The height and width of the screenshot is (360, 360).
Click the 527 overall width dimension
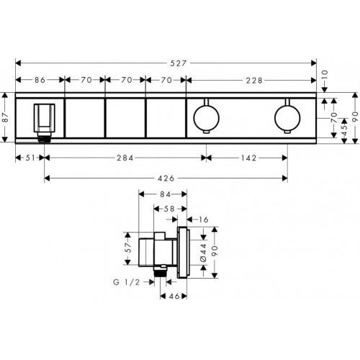[x=179, y=63]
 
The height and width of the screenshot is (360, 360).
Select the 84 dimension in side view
[x=163, y=193]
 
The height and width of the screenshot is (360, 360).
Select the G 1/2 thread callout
[x=130, y=283]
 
